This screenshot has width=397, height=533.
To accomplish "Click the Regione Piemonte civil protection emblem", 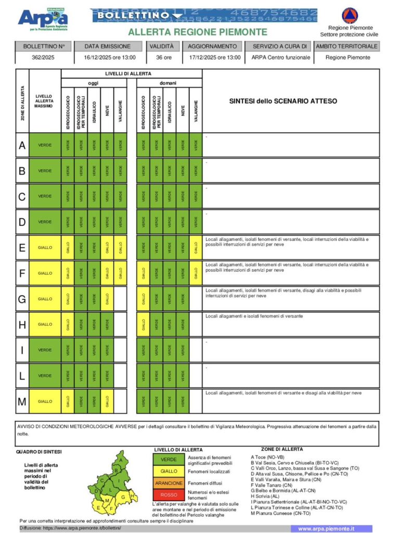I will pyautogui.click(x=349, y=15).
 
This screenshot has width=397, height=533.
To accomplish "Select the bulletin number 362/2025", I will pyautogui.click(x=44, y=58).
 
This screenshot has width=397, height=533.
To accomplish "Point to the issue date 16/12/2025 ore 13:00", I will pyautogui.click(x=110, y=58).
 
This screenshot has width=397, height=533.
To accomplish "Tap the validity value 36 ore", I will pyautogui.click(x=162, y=58).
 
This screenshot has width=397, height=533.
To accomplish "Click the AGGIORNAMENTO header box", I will pyautogui.click(x=212, y=46).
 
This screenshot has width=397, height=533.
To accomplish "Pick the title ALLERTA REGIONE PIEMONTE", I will pyautogui.click(x=197, y=32).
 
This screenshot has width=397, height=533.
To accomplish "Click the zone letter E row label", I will pyautogui.click(x=22, y=248).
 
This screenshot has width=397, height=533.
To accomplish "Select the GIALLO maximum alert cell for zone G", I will pyautogui.click(x=45, y=299).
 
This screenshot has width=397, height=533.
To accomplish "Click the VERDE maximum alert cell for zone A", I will pyautogui.click(x=45, y=145).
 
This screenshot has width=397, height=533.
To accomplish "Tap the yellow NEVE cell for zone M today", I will pyautogui.click(x=107, y=401).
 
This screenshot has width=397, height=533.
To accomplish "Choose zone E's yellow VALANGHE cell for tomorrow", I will pyautogui.click(x=196, y=248).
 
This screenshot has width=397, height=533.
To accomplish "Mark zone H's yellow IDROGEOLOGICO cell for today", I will pyautogui.click(x=68, y=325).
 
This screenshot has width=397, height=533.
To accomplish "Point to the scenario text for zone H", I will pyautogui.click(x=254, y=316).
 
